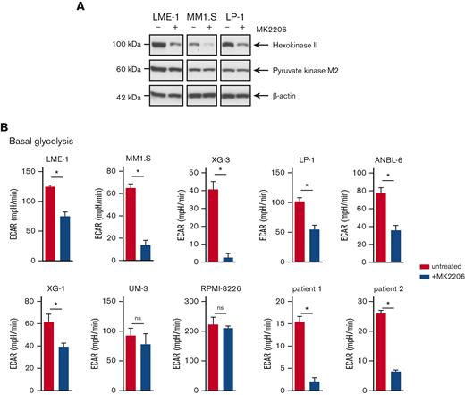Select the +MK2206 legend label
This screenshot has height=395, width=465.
click(444, 279)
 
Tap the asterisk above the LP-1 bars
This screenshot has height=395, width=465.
click(305, 186)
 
